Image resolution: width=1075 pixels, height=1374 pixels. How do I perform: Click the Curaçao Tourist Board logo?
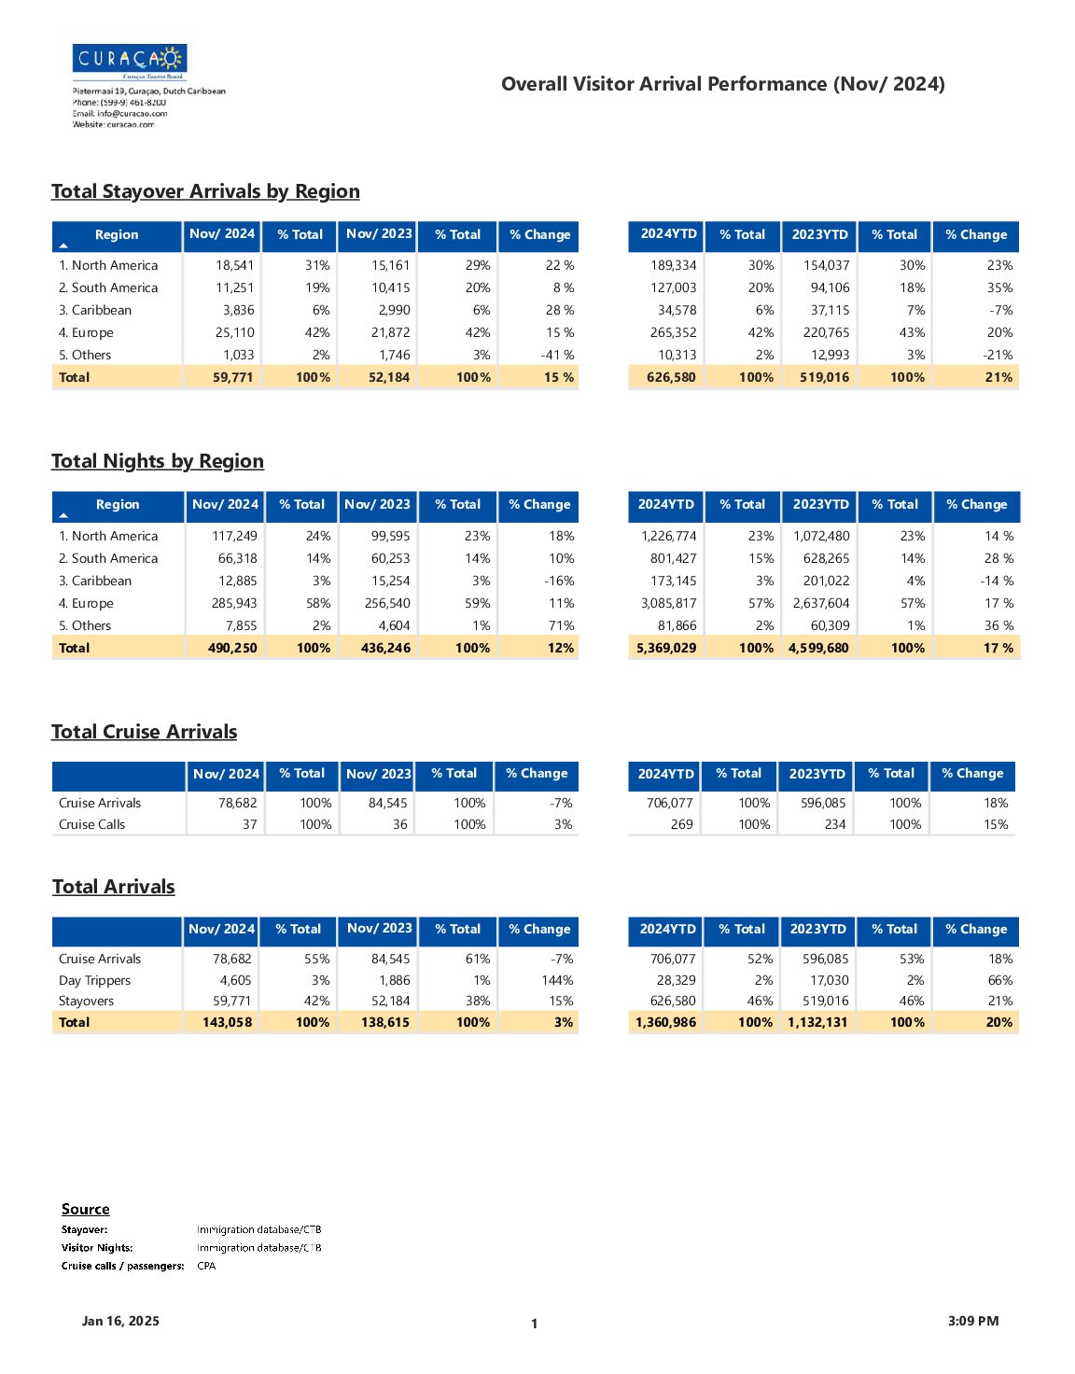[x=130, y=61]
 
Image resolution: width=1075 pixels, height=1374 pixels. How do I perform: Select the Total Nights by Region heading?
[x=158, y=462]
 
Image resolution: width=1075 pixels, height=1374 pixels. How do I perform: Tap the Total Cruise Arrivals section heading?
[x=144, y=732]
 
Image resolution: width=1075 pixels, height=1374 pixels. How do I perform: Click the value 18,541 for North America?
[x=234, y=266]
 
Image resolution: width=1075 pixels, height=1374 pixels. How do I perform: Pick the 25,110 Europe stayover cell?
[x=234, y=332]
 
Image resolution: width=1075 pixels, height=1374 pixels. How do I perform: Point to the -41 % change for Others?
[x=557, y=355]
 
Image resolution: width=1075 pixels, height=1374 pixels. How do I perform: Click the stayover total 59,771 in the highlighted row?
[x=232, y=377]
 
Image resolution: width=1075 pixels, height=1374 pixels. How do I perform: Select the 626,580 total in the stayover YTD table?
[x=671, y=377]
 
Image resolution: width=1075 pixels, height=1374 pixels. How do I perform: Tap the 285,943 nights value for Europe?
[x=234, y=603]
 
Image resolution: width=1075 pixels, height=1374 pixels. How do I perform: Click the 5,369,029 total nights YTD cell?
[x=666, y=648]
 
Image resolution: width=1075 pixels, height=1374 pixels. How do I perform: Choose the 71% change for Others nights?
[x=561, y=625]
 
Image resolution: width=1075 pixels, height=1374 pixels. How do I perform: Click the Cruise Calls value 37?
[x=250, y=824]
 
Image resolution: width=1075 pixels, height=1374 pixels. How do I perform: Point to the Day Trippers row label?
[x=94, y=981]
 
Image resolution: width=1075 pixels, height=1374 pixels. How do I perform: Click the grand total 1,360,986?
[x=665, y=1022]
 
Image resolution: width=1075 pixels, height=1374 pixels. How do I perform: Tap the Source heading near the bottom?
[x=85, y=1209]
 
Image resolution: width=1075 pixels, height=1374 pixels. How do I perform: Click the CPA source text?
[x=206, y=1265]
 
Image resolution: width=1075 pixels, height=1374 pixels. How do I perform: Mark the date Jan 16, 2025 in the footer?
[x=120, y=1321]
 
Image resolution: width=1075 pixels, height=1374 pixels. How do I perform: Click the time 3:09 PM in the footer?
[x=973, y=1321]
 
